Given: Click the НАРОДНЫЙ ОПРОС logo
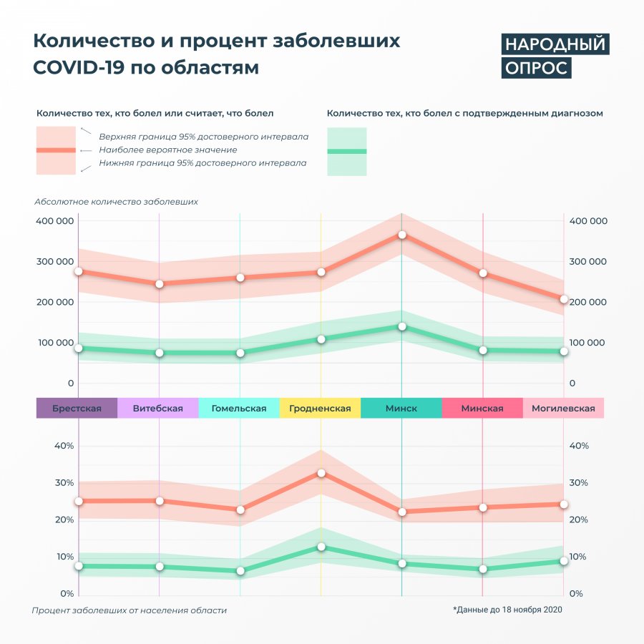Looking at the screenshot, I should click(554, 56).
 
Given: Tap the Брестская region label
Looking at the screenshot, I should click(77, 409).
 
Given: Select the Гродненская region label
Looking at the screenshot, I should click(320, 409).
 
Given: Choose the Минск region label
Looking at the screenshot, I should click(401, 409).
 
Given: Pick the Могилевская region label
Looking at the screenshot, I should click(563, 409).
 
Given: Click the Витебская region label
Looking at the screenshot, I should click(157, 409).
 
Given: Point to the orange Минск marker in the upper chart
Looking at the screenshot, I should click(402, 235).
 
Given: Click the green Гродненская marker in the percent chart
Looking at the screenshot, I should click(321, 547).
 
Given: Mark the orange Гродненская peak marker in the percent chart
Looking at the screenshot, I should click(321, 473).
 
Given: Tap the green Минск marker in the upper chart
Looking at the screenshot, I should click(402, 326).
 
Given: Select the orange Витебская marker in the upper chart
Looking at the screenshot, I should click(160, 284).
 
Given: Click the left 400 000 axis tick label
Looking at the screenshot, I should click(54, 221).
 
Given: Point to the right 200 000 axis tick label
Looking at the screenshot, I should click(587, 302).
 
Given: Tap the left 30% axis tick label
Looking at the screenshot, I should click(64, 483).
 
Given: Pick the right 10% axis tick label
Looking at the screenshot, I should click(578, 557).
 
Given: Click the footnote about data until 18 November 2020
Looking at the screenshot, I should click(507, 610).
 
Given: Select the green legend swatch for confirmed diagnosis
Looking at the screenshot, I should click(346, 152).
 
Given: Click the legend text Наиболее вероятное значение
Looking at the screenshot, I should click(168, 150).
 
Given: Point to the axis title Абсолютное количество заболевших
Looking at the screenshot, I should click(116, 202).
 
